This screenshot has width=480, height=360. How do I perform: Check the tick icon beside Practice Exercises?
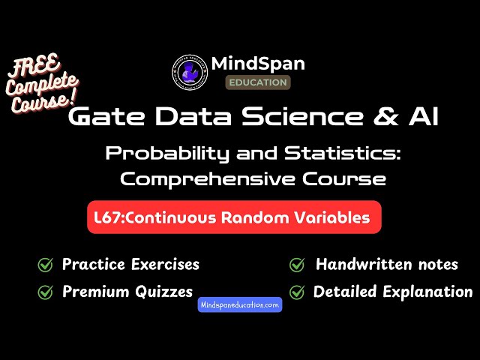click(x=45, y=265)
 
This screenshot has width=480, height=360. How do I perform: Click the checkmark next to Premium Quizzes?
click(x=45, y=292)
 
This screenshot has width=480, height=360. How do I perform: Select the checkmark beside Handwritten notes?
click(x=297, y=265)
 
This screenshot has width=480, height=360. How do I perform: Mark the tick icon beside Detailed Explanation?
click(x=297, y=292)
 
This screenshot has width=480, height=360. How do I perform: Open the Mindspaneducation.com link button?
click(x=240, y=304)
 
